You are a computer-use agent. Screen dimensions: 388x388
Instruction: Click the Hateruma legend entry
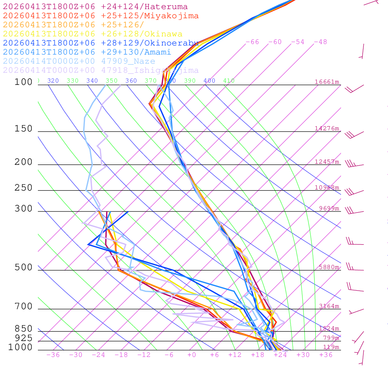[95, 6]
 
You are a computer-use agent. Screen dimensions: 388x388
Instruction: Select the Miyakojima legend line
[101, 16]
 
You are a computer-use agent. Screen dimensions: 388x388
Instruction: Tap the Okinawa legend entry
[92, 34]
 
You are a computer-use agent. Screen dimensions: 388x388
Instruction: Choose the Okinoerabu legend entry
[101, 43]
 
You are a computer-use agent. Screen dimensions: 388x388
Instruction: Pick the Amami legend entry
[87, 52]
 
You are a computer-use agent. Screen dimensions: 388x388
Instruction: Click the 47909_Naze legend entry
[79, 61]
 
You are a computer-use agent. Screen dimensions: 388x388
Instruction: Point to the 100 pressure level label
[23, 82]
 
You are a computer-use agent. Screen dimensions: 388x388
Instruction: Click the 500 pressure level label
[23, 268]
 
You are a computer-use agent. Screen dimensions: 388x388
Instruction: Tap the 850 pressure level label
[23, 329]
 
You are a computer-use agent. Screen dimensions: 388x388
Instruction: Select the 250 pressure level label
[23, 188]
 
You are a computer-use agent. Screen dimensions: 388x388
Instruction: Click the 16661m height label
[327, 82]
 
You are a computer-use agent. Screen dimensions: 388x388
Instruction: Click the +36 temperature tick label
[326, 355]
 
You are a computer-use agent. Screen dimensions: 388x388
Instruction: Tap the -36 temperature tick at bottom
[53, 355]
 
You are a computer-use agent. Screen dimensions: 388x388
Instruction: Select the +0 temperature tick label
[192, 355]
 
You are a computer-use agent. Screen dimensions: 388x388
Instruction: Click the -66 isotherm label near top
[252, 42]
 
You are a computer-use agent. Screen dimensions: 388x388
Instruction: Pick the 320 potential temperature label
[53, 81]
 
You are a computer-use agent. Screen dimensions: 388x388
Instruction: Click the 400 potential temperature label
[209, 81]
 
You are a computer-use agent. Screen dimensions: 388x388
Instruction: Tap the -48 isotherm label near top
[321, 42]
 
